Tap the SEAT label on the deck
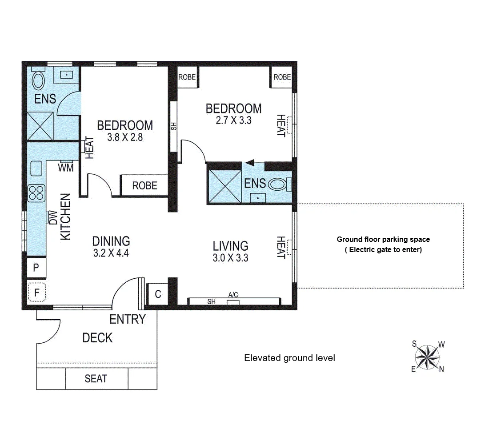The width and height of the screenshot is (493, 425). coord(96,379)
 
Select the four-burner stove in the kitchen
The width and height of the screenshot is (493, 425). coord(36,193)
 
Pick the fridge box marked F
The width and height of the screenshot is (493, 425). coord(36,292)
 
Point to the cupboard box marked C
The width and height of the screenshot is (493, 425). coord(157,294)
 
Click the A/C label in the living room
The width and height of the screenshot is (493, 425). coord(233,295)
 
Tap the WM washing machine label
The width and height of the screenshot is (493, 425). coord(66,167)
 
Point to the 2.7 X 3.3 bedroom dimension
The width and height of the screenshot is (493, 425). coord(233,120)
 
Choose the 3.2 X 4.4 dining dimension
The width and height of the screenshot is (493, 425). coord(111,254)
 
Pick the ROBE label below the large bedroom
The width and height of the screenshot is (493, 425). coord(144,185)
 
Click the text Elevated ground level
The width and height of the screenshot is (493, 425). coord(289,358)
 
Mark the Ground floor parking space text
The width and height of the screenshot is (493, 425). coord(383,239)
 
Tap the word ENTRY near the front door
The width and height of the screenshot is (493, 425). coord(128,319)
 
